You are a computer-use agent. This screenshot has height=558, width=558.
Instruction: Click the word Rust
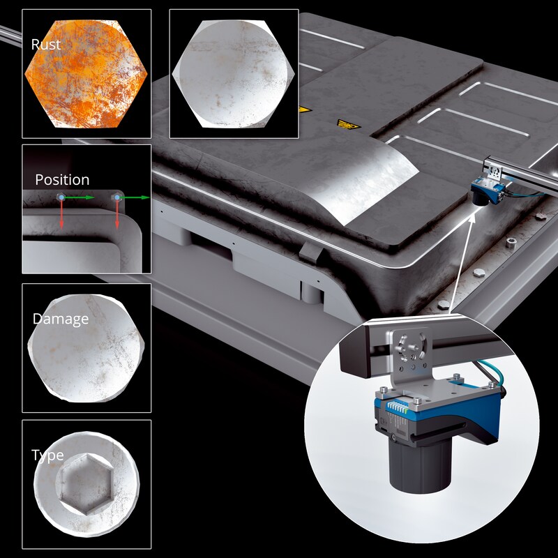46,45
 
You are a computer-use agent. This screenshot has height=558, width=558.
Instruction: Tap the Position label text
62,180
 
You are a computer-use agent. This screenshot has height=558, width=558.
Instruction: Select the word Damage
61,319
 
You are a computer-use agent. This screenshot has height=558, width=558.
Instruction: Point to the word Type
47,455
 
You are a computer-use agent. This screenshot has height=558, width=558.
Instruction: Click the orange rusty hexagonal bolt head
86,74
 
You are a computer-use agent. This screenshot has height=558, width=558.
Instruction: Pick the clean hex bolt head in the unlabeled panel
234,74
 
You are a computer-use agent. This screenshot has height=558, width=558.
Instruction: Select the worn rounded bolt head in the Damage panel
86,348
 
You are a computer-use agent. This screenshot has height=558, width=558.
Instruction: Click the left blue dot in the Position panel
61,197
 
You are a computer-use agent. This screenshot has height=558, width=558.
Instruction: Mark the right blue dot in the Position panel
117,197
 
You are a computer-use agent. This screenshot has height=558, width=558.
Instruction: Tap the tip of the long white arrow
474,214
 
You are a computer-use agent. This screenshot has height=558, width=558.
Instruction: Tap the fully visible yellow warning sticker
348,125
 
